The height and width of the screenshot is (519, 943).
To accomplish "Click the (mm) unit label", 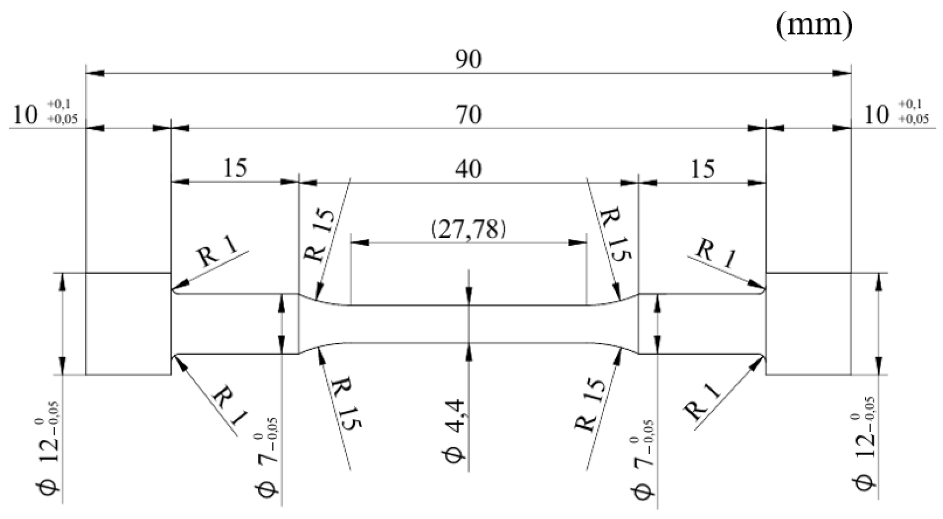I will [813, 25].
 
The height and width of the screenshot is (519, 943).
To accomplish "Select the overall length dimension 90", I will [468, 60].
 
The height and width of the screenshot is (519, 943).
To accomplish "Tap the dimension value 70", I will [468, 115].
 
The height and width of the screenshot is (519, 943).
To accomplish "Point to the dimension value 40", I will [468, 169].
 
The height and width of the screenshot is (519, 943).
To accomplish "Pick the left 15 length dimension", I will [235, 168].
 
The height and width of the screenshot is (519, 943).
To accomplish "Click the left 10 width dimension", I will [26, 115].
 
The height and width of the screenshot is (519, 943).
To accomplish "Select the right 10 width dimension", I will [876, 115].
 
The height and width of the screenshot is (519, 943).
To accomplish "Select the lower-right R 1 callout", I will [703, 401].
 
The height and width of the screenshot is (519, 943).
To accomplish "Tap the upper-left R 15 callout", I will [320, 236].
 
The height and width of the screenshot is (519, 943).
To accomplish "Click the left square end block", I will [128, 324].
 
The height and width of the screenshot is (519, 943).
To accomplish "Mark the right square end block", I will [808, 324].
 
